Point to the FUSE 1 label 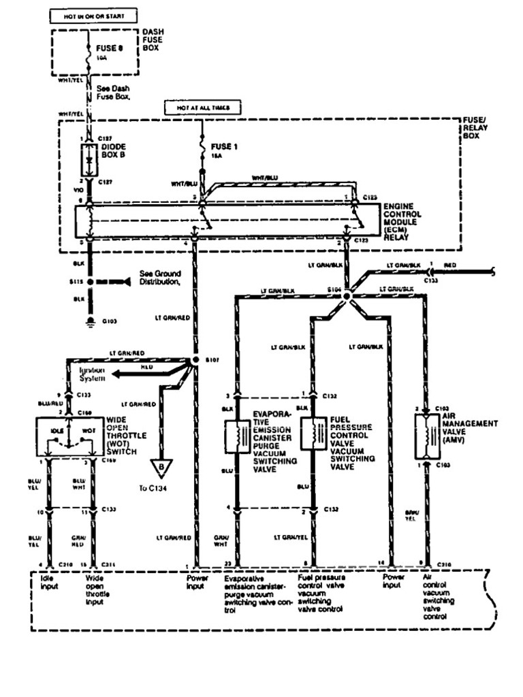pyautogui.click(x=223, y=147)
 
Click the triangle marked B pyautogui.click(x=161, y=467)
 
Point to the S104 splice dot pyautogui.click(x=347, y=297)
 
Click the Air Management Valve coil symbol pyautogui.click(x=426, y=436)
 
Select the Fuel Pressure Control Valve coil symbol pyautogui.click(x=314, y=436)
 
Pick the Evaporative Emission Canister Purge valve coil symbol pyautogui.click(x=237, y=436)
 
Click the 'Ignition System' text pyautogui.click(x=93, y=373)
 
